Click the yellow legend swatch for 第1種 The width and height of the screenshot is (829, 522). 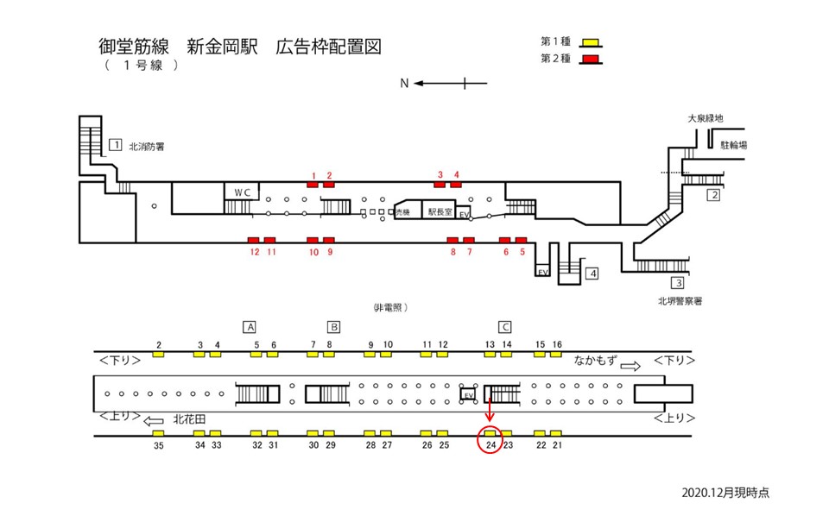591,42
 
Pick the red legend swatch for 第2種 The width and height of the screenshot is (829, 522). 591,59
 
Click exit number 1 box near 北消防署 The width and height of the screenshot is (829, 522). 116,145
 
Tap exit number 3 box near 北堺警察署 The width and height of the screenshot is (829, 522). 679,282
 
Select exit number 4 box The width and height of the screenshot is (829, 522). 592,274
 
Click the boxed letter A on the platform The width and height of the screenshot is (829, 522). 250,327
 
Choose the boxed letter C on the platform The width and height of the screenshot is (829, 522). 506,327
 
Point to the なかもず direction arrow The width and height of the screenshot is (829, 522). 632,366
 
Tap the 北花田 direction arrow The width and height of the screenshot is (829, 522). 153,421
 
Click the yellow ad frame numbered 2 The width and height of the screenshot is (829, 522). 159,355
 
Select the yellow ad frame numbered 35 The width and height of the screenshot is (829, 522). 159,433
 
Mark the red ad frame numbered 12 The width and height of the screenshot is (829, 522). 254,240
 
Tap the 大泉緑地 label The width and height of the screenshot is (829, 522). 705,118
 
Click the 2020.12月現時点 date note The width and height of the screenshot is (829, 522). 725,492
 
